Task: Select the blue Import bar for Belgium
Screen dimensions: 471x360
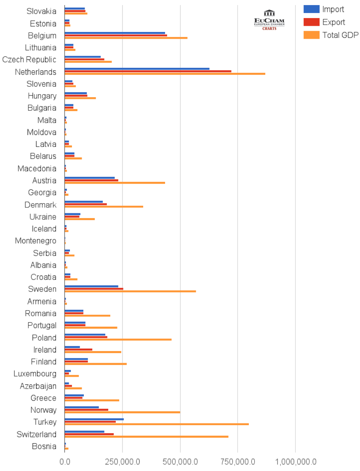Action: click(x=115, y=33)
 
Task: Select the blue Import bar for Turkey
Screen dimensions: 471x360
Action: click(x=94, y=419)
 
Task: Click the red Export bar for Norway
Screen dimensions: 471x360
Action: click(x=86, y=410)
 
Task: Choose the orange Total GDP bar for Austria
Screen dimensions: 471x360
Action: click(x=115, y=183)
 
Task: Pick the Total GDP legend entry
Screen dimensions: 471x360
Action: click(x=331, y=35)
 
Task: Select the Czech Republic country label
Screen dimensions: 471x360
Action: click(x=29, y=59)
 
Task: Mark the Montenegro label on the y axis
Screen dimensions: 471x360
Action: click(x=35, y=241)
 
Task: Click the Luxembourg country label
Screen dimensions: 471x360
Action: click(x=35, y=374)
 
